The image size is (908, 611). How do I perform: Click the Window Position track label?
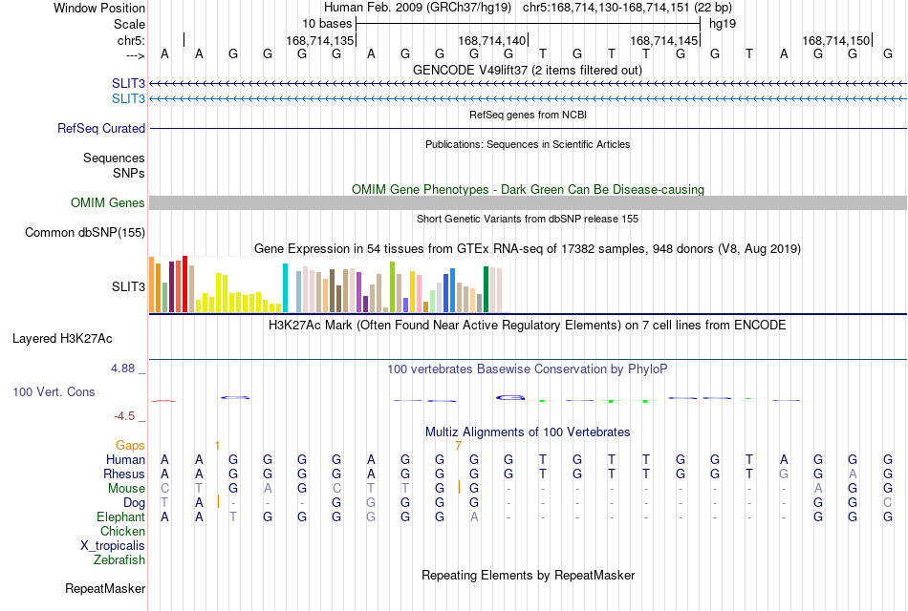(x=99, y=8)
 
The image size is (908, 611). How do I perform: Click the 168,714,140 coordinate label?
(x=491, y=40)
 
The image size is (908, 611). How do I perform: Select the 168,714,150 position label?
(x=835, y=40)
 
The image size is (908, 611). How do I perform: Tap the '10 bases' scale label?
(x=327, y=24)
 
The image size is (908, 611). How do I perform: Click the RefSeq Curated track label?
(x=101, y=129)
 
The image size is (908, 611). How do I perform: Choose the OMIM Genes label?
(x=108, y=203)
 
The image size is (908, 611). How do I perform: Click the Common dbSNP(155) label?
(x=85, y=233)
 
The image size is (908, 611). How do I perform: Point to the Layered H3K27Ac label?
(x=62, y=339)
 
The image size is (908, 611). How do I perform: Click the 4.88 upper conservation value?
(x=122, y=369)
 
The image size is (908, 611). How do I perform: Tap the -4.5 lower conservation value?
(x=124, y=416)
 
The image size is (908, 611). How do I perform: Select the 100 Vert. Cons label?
(x=54, y=392)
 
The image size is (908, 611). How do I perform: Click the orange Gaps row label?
(x=130, y=446)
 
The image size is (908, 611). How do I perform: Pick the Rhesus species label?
(x=124, y=474)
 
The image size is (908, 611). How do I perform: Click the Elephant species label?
(x=120, y=517)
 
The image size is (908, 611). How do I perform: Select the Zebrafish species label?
(x=119, y=560)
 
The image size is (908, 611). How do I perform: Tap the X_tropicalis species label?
(x=113, y=546)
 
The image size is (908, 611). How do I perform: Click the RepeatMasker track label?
(x=105, y=589)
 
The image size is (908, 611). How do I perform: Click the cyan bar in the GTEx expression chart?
(x=285, y=287)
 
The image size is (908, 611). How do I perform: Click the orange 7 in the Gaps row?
(x=458, y=446)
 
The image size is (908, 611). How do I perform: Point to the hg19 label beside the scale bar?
(x=723, y=24)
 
